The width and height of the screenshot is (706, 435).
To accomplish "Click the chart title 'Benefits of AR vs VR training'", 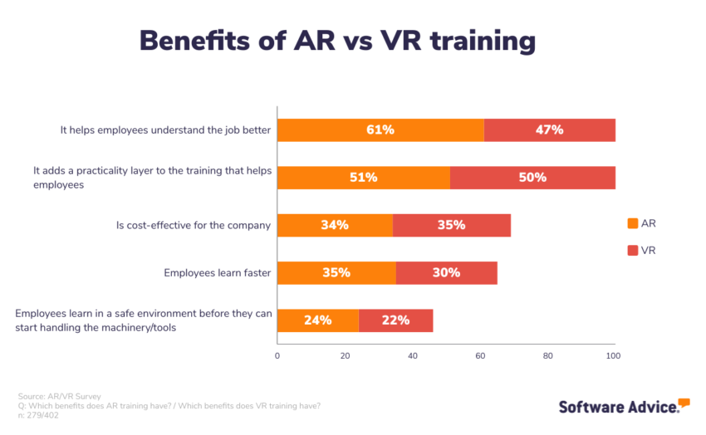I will coord(337,40).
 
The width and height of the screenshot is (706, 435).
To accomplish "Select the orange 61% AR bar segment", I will coord(380,130).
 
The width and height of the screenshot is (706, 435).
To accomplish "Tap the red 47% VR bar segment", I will coord(549,130).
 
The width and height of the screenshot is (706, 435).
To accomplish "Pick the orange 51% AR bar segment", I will coord(363,178).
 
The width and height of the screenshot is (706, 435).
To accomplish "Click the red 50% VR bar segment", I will coord(532,178).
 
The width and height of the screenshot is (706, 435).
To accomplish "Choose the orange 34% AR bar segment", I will coord(335,225).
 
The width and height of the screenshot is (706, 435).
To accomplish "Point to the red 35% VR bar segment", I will coord(452,225).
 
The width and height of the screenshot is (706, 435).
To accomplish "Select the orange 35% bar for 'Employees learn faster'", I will coord(336,272).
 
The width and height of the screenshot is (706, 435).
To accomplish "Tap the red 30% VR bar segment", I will coord(446,272).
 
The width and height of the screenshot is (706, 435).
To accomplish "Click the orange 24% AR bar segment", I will coord(317,320).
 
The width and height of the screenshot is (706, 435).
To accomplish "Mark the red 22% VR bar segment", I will coord(395,320).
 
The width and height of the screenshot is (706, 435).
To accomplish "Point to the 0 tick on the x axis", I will coord(277,355).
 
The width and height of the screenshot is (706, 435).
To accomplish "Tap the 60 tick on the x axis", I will coord(480,355).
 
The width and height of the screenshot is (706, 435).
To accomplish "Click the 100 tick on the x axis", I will coord(614,355).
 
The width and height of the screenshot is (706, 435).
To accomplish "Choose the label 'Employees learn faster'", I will coord(217,272).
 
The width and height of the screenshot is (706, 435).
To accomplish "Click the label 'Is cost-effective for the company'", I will coord(193,225).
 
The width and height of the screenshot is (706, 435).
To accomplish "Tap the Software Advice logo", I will coord(624,406).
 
